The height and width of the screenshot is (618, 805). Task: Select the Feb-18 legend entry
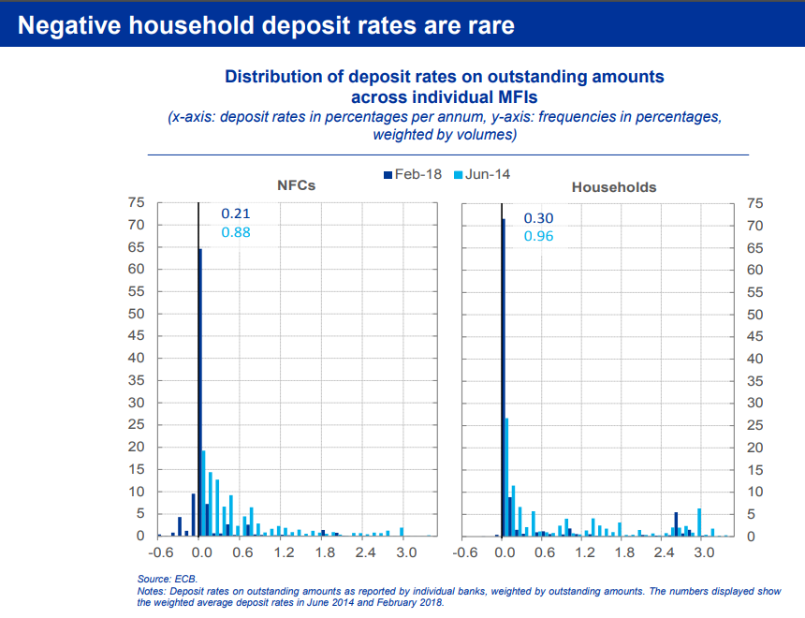point(413,174)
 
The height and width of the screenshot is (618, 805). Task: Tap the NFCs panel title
point(297,185)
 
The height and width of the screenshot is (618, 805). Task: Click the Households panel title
point(614,187)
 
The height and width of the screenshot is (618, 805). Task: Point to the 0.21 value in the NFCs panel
point(236,213)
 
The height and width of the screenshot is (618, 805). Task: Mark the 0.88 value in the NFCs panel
point(236,232)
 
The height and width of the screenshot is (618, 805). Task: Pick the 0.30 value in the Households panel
point(538,218)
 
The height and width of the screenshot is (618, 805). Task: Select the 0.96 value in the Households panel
point(538,236)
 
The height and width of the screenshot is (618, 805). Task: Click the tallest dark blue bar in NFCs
point(200,393)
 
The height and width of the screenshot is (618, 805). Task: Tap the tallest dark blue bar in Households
point(503,375)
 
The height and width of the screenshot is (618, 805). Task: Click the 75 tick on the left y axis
point(137,202)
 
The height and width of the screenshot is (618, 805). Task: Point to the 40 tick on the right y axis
point(755,359)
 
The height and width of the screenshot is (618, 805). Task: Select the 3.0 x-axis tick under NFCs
point(406,553)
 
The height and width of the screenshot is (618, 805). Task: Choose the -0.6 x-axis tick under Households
point(465,553)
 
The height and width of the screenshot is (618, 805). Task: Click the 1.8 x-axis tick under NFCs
point(325,553)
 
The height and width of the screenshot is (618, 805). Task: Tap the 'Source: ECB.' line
point(168,580)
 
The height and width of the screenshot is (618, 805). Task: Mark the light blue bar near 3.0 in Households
point(699,522)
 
